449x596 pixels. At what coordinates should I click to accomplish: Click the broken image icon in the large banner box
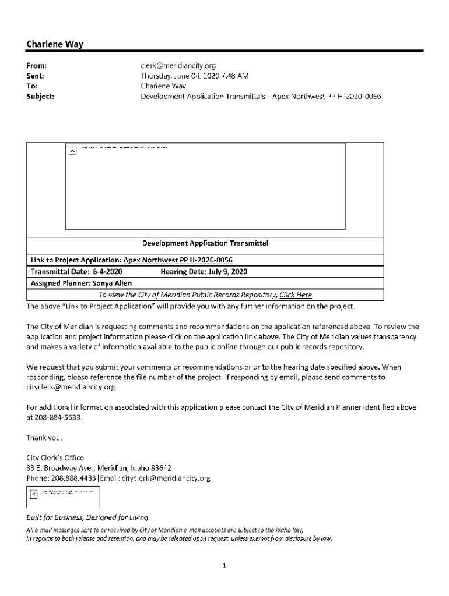72,151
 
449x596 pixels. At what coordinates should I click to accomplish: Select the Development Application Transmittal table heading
205,243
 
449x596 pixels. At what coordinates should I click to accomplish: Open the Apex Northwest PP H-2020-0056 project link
182,260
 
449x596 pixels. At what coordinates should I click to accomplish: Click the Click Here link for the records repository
296,295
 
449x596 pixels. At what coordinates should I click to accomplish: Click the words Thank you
44,437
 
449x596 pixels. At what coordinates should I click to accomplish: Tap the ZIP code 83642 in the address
157,468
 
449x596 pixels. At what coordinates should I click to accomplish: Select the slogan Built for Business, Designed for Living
87,517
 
